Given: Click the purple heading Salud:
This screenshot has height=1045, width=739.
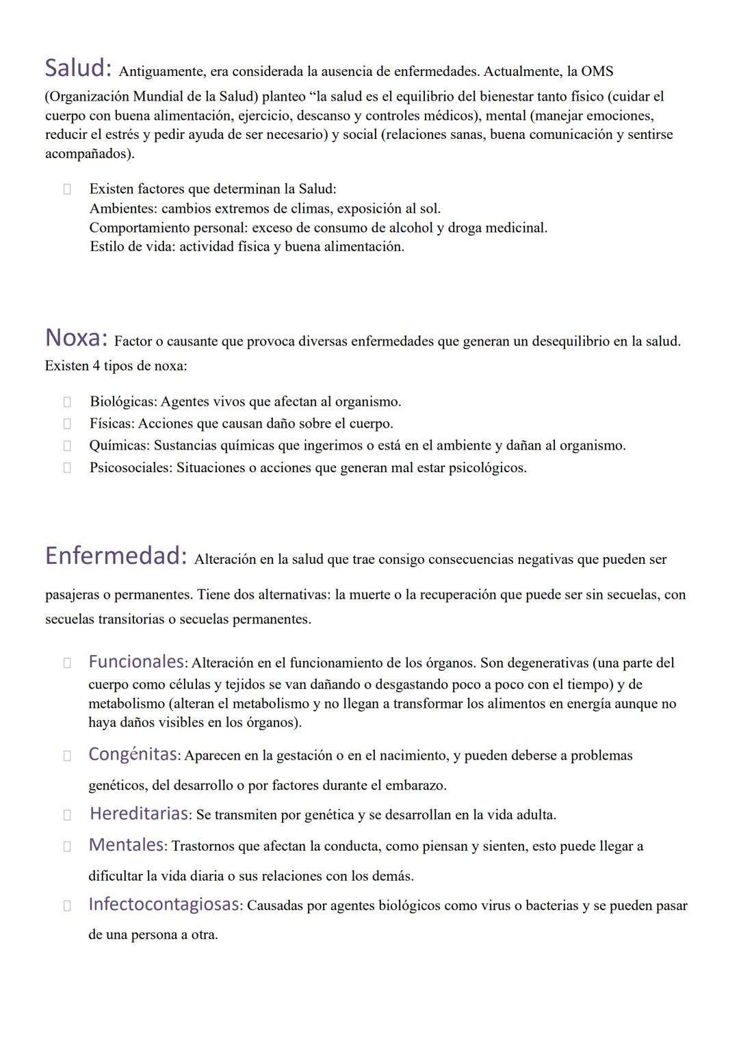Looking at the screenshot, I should pos(78,68).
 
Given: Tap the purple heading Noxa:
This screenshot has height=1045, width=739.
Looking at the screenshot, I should pos(76,337).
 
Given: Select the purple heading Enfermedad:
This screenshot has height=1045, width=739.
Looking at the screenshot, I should pos(116,556).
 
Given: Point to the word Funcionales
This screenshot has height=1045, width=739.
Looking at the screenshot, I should pos(136,662).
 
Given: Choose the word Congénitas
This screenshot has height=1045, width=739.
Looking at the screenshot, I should pos(133,754).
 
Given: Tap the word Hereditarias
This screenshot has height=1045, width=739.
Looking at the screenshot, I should pos(139,814).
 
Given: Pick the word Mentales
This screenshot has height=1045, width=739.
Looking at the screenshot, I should pos(126,844).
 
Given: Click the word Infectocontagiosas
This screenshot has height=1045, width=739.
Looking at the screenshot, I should pos(164,904).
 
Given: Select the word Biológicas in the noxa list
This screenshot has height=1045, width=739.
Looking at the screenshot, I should pos(122,402).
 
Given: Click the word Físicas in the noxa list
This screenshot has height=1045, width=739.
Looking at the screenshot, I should pos(112,424).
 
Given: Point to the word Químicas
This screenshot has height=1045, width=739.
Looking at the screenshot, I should pos(119,446).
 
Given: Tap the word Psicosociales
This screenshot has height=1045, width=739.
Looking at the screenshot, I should pos(130,468).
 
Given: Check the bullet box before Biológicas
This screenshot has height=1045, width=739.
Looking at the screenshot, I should pos(67,402).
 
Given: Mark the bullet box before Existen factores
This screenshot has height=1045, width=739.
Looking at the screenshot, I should pos(67,189).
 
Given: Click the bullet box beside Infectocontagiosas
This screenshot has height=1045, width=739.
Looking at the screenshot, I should pos(67,905).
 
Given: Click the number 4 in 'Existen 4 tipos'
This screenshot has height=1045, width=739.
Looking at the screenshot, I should pos(96,366).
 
